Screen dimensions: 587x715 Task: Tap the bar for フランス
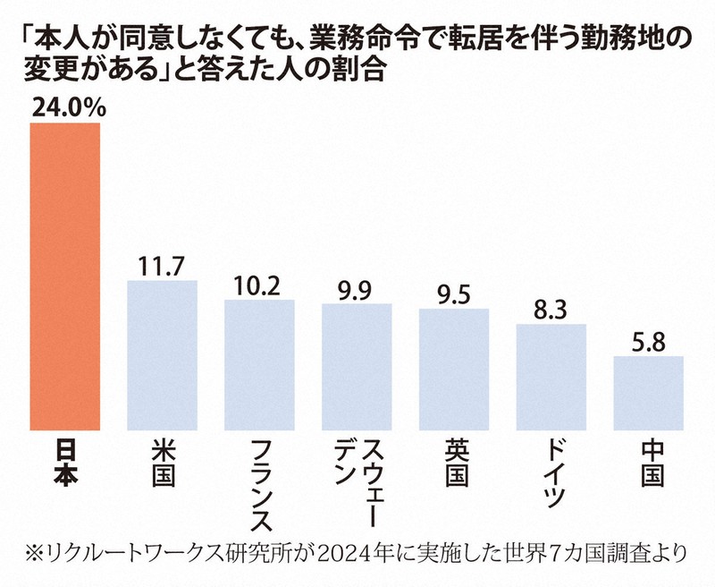pos(259,363)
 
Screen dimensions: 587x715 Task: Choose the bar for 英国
pos(454,368)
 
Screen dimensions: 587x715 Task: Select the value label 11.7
pos(162,266)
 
